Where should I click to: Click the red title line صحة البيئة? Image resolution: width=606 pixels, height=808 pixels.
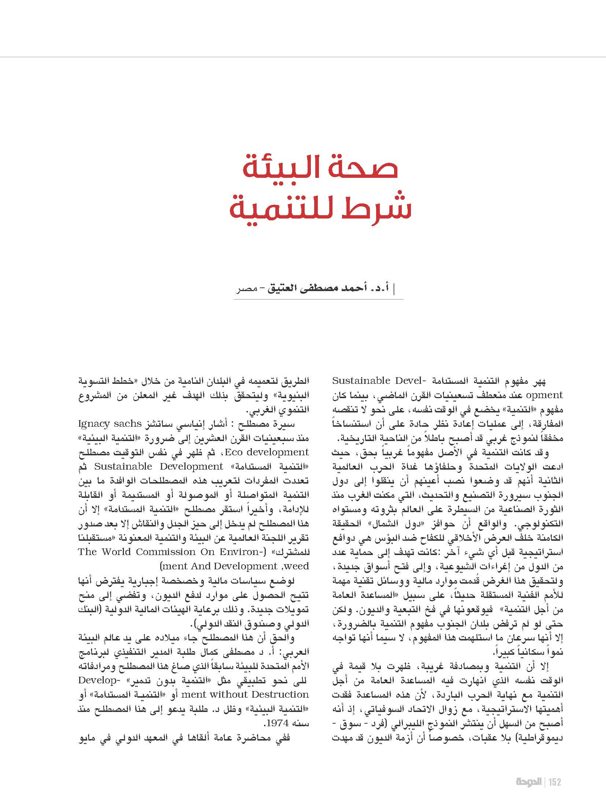(x=320, y=168)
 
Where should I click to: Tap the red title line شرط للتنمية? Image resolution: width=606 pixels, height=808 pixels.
(x=320, y=208)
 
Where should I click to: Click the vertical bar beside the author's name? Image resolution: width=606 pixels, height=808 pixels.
(x=394, y=289)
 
